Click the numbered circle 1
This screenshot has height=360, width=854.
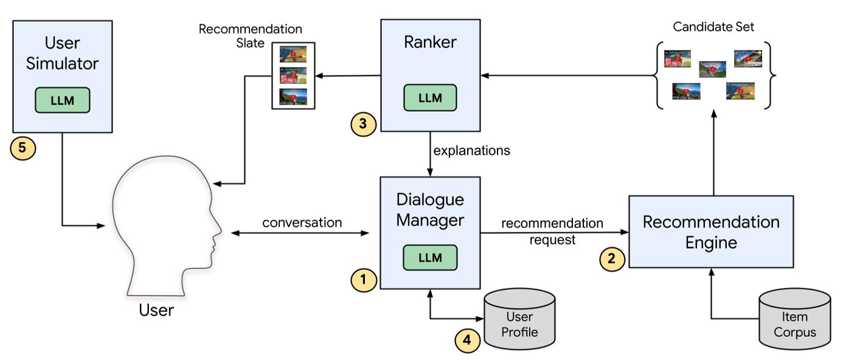364,279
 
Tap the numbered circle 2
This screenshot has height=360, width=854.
612,258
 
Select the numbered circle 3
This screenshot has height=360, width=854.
363,124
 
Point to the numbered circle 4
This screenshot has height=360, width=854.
467,341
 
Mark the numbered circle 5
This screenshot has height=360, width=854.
23,148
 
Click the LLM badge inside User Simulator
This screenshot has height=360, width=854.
63,100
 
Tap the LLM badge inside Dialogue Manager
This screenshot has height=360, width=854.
430,257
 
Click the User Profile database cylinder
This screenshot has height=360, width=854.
519,320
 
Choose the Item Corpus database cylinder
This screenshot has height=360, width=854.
795,320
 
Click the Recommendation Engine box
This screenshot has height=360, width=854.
710,232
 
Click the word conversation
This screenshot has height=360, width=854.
302,223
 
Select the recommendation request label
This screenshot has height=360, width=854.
552,231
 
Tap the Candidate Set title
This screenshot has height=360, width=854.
714,27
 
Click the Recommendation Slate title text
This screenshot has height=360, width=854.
250,36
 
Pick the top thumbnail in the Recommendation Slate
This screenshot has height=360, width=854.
293,54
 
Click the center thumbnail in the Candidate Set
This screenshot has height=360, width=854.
712,69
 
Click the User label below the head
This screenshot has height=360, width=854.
156,310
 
